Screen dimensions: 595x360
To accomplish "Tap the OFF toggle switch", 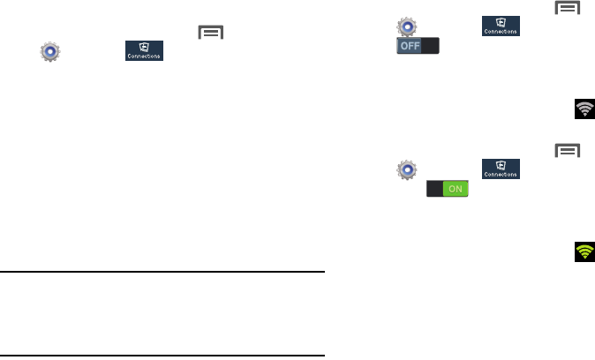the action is [x=418, y=47].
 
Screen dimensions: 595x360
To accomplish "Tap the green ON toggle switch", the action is [x=448, y=188].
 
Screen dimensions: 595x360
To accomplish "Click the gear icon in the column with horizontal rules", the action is [x=51, y=52].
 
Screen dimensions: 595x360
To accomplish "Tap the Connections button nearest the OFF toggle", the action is [x=500, y=26].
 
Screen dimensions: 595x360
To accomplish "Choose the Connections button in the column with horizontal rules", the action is [x=144, y=52].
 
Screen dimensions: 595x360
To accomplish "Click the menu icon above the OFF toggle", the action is [x=566, y=8].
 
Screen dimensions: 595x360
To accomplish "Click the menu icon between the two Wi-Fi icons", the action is [x=566, y=151].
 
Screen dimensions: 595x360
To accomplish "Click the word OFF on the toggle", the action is [x=409, y=47].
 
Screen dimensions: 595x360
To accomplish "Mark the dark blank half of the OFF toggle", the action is [x=429, y=47].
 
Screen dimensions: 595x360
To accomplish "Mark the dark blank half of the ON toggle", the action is [x=436, y=188].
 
